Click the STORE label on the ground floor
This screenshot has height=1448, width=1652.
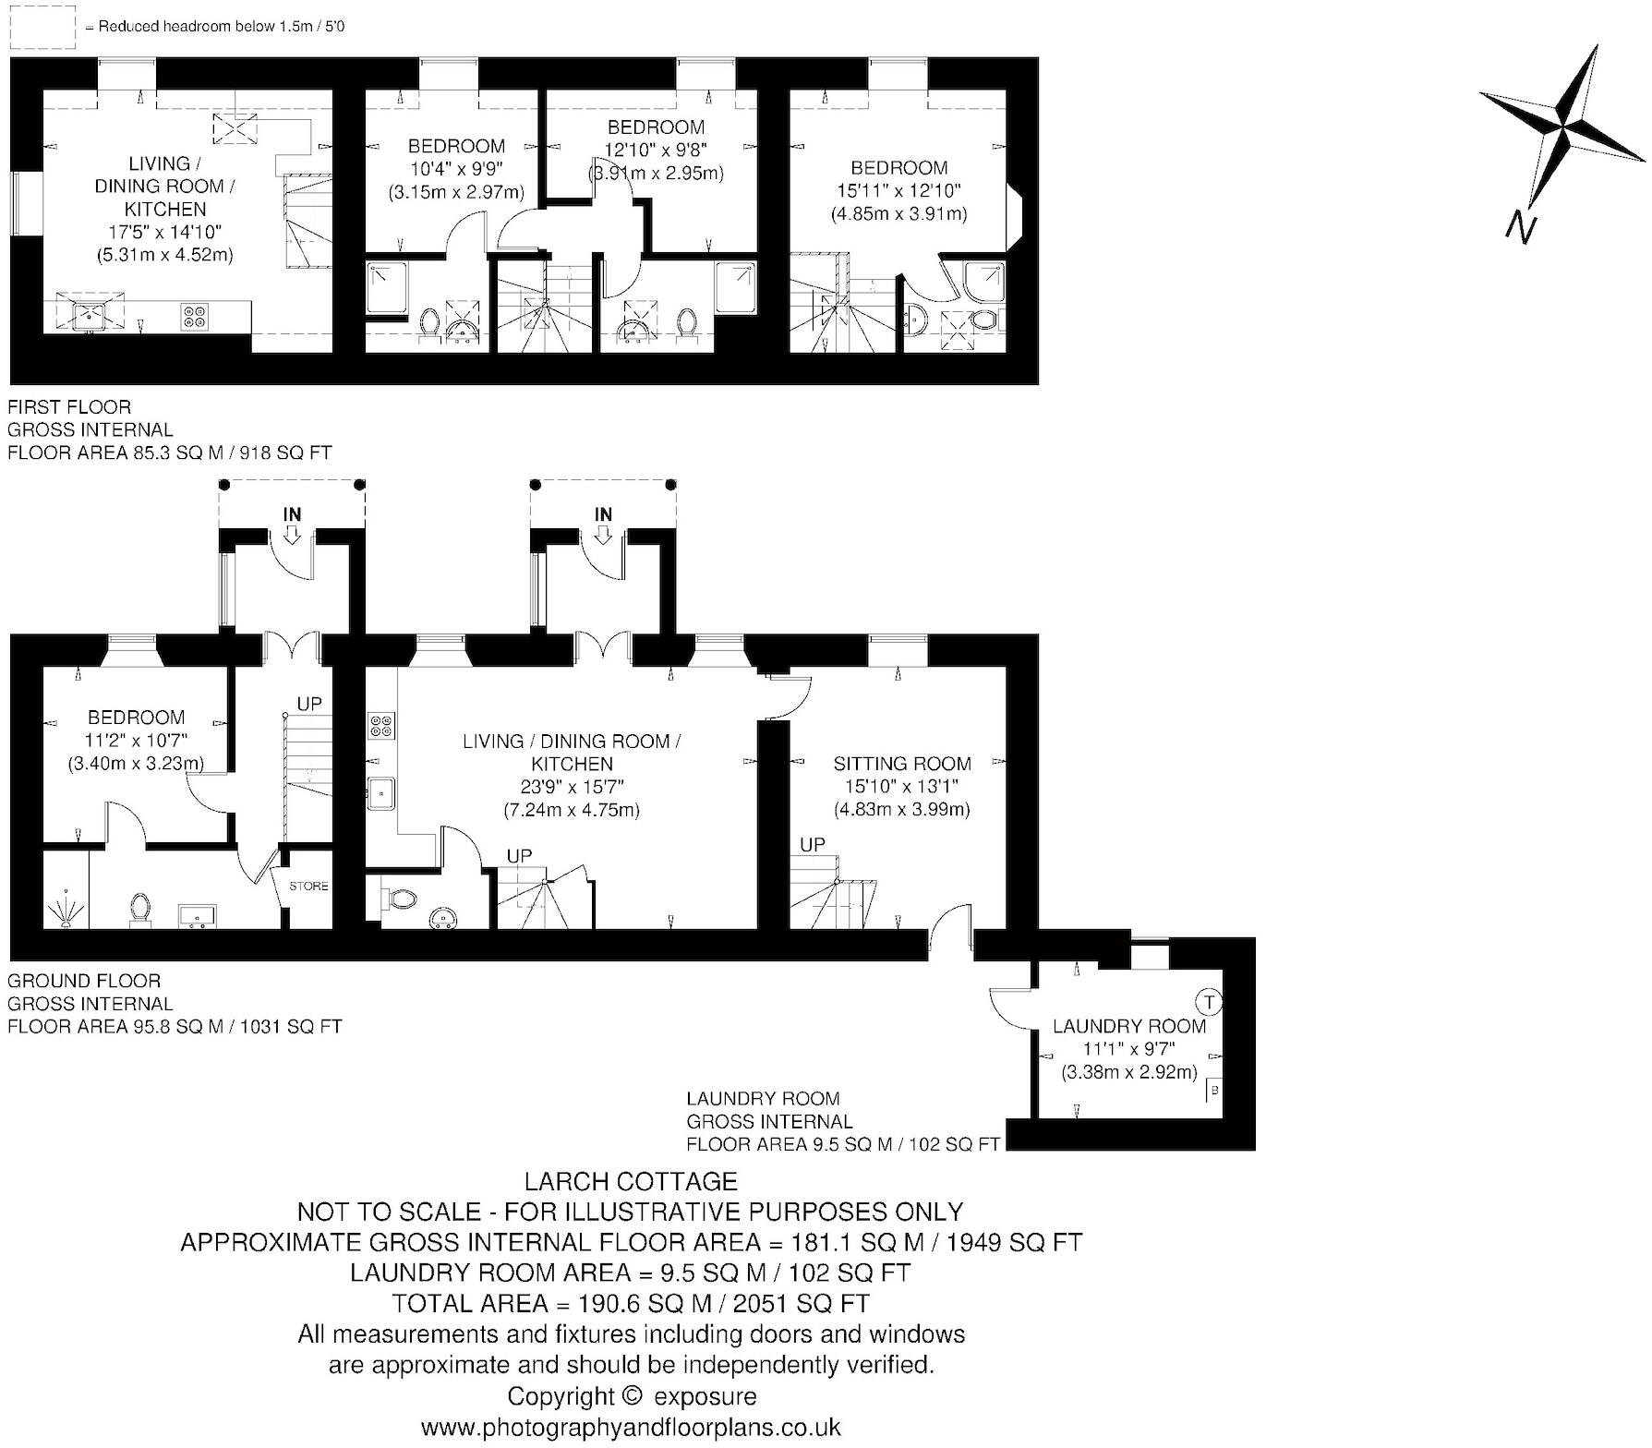click(308, 887)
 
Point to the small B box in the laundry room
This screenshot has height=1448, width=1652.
click(1214, 1090)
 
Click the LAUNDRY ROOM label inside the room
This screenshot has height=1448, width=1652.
click(1129, 1026)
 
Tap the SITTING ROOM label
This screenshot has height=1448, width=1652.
click(901, 764)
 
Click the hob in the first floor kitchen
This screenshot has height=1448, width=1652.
click(195, 316)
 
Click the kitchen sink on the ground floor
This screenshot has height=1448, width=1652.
click(380, 792)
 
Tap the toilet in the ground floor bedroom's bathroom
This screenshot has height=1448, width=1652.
click(140, 907)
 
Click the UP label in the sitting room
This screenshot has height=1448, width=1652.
click(813, 845)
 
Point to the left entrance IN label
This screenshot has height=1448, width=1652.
click(292, 514)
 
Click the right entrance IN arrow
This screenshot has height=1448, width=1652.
click(603, 535)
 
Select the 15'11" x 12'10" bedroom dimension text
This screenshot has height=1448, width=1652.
click(899, 191)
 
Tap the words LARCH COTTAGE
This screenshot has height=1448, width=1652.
click(631, 1181)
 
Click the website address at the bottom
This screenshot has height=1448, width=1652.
click(631, 1428)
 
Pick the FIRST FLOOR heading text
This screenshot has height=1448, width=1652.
click(69, 406)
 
